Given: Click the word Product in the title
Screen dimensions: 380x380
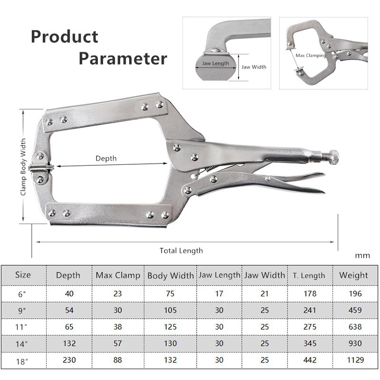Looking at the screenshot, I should [65, 37].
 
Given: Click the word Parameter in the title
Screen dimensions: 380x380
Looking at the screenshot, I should [123, 58].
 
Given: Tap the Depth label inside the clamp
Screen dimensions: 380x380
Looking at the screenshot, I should [106, 158].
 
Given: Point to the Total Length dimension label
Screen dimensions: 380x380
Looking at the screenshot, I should [181, 250].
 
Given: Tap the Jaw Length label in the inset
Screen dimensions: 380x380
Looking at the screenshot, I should [215, 63].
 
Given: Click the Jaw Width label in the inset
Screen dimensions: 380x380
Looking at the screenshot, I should [254, 67].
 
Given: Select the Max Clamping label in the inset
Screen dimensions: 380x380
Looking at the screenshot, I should [311, 56].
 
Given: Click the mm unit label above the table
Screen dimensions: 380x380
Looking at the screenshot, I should [362, 256].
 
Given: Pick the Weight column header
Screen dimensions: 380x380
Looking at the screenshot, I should [354, 275].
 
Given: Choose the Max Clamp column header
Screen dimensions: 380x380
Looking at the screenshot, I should [118, 275].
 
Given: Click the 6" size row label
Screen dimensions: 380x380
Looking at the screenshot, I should [22, 294].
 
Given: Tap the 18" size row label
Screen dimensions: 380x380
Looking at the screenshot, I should [22, 361].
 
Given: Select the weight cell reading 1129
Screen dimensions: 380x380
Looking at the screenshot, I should [354, 361].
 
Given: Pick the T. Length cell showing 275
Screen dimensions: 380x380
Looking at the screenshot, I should [310, 327].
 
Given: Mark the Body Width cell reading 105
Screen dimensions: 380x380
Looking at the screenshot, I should [171, 311].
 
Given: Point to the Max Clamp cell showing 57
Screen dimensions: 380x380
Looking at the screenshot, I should [118, 343].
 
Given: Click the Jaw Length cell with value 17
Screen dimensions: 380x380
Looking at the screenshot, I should [218, 294].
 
